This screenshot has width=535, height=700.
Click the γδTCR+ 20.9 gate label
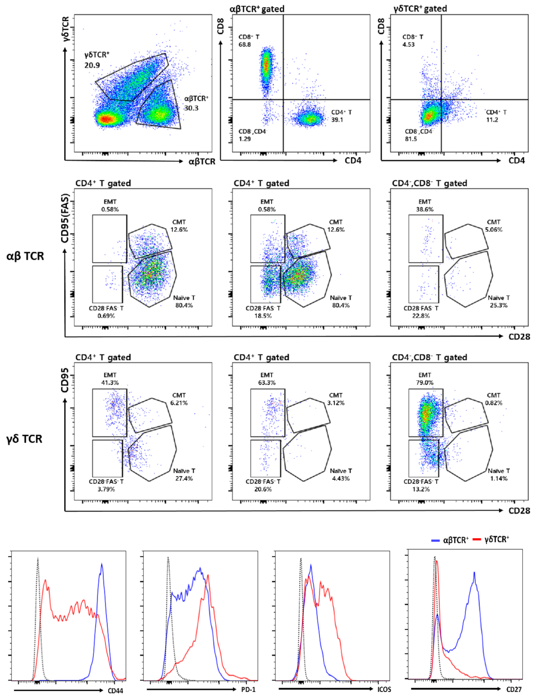[97, 60]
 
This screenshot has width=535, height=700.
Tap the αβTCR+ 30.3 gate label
[196, 103]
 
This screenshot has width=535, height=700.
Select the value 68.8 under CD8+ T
[244, 44]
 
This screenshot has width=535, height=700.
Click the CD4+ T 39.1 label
[341, 116]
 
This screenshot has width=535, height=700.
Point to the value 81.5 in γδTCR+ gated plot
[410, 139]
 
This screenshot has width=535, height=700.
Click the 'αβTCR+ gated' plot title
[257, 9]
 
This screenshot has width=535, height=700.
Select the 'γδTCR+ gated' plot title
[420, 9]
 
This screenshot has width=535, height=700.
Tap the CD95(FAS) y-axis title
[65, 218]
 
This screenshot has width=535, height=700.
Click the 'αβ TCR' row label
[25, 256]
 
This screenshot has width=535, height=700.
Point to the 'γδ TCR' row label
[24, 439]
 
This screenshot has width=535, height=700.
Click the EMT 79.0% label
[424, 379]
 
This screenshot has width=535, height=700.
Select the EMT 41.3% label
[110, 379]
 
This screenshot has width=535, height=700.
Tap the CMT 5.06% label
[493, 226]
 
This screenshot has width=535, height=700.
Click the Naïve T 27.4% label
[184, 475]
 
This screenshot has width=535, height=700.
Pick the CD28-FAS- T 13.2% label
[421, 485]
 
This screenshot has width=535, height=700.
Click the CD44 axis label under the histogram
[115, 691]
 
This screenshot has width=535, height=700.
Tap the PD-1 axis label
[248, 689]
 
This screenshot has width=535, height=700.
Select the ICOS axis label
[384, 689]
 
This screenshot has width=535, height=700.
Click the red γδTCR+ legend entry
[491, 539]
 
